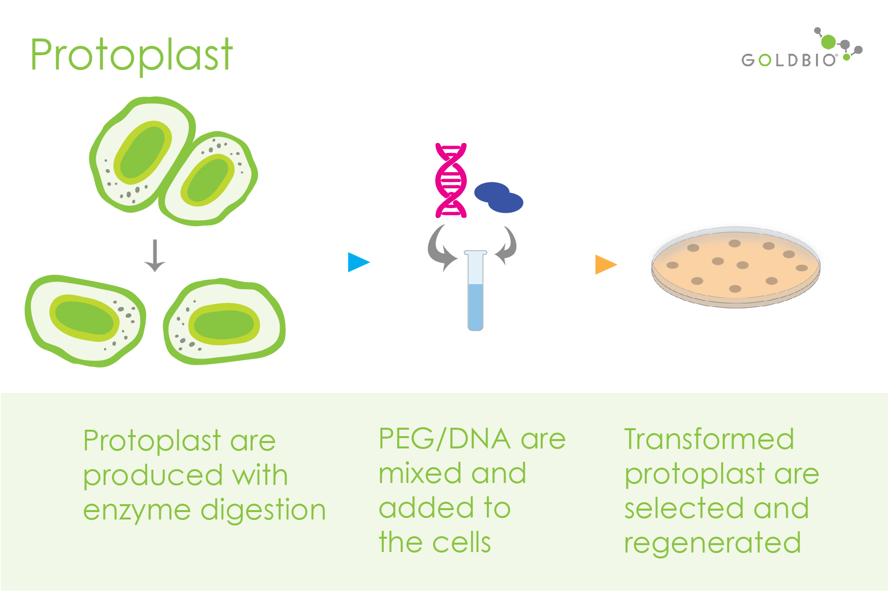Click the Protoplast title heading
click(x=131, y=55)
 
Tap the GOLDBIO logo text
click(x=788, y=60)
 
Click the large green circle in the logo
click(x=829, y=42)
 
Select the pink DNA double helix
click(x=451, y=181)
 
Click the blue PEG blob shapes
click(x=498, y=197)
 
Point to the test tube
click(x=476, y=291)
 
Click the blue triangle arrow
click(x=358, y=262)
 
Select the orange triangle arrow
click(x=605, y=264)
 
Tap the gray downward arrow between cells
click(x=155, y=256)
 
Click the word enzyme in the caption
click(x=137, y=510)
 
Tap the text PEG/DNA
click(x=444, y=439)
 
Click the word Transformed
click(x=709, y=439)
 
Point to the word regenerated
click(x=712, y=543)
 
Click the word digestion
click(x=263, y=510)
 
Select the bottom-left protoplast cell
click(x=85, y=321)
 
